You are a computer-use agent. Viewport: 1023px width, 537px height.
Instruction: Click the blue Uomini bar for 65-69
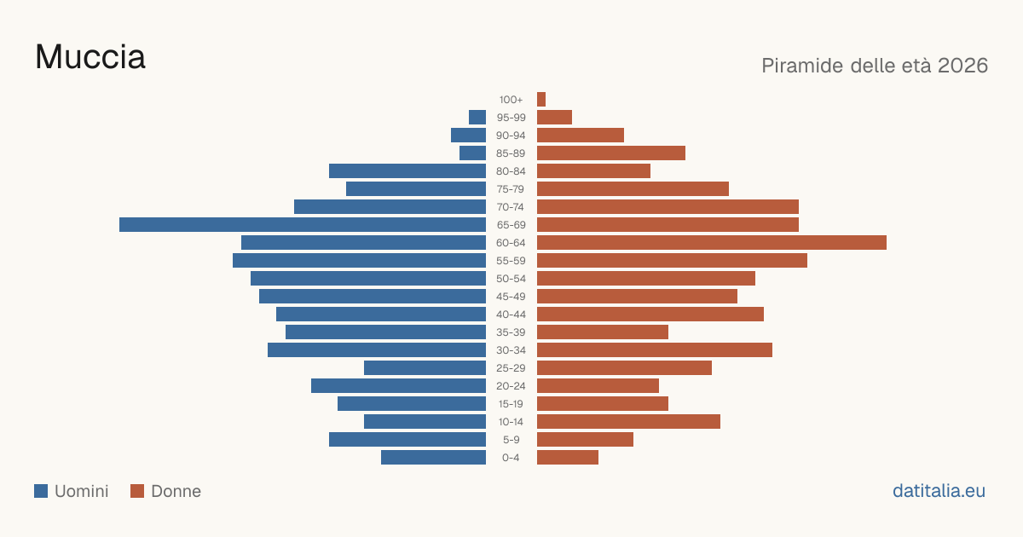tap(303, 225)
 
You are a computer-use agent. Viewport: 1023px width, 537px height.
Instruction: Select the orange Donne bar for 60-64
tap(712, 242)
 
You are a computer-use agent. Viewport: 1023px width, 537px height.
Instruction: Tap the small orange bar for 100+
tap(541, 99)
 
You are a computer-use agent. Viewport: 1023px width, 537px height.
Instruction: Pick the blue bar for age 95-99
tap(477, 118)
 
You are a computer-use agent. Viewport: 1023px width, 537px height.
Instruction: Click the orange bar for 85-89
tap(611, 153)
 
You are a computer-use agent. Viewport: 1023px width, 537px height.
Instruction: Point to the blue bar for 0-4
tap(433, 457)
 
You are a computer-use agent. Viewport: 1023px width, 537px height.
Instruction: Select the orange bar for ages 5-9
tap(585, 439)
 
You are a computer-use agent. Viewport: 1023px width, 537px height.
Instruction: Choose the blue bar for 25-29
tap(425, 367)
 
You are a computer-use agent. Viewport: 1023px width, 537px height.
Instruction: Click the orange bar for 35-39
tap(603, 332)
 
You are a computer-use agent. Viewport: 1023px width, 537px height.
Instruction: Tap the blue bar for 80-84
tap(407, 170)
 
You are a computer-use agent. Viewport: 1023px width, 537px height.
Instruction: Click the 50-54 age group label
tap(511, 279)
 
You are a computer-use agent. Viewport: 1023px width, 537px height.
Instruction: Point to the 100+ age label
tap(511, 100)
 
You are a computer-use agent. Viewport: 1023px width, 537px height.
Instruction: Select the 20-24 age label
tap(511, 386)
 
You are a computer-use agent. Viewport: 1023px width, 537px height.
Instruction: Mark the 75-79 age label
tap(511, 189)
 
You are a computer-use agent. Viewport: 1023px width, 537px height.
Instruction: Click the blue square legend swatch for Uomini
tap(41, 491)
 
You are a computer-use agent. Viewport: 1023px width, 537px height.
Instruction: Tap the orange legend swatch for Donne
tap(137, 491)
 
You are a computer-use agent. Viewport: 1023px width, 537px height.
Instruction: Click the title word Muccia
tap(90, 57)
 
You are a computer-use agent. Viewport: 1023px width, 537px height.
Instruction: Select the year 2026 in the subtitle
tap(963, 66)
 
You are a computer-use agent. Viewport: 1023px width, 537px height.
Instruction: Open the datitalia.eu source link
tap(939, 491)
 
